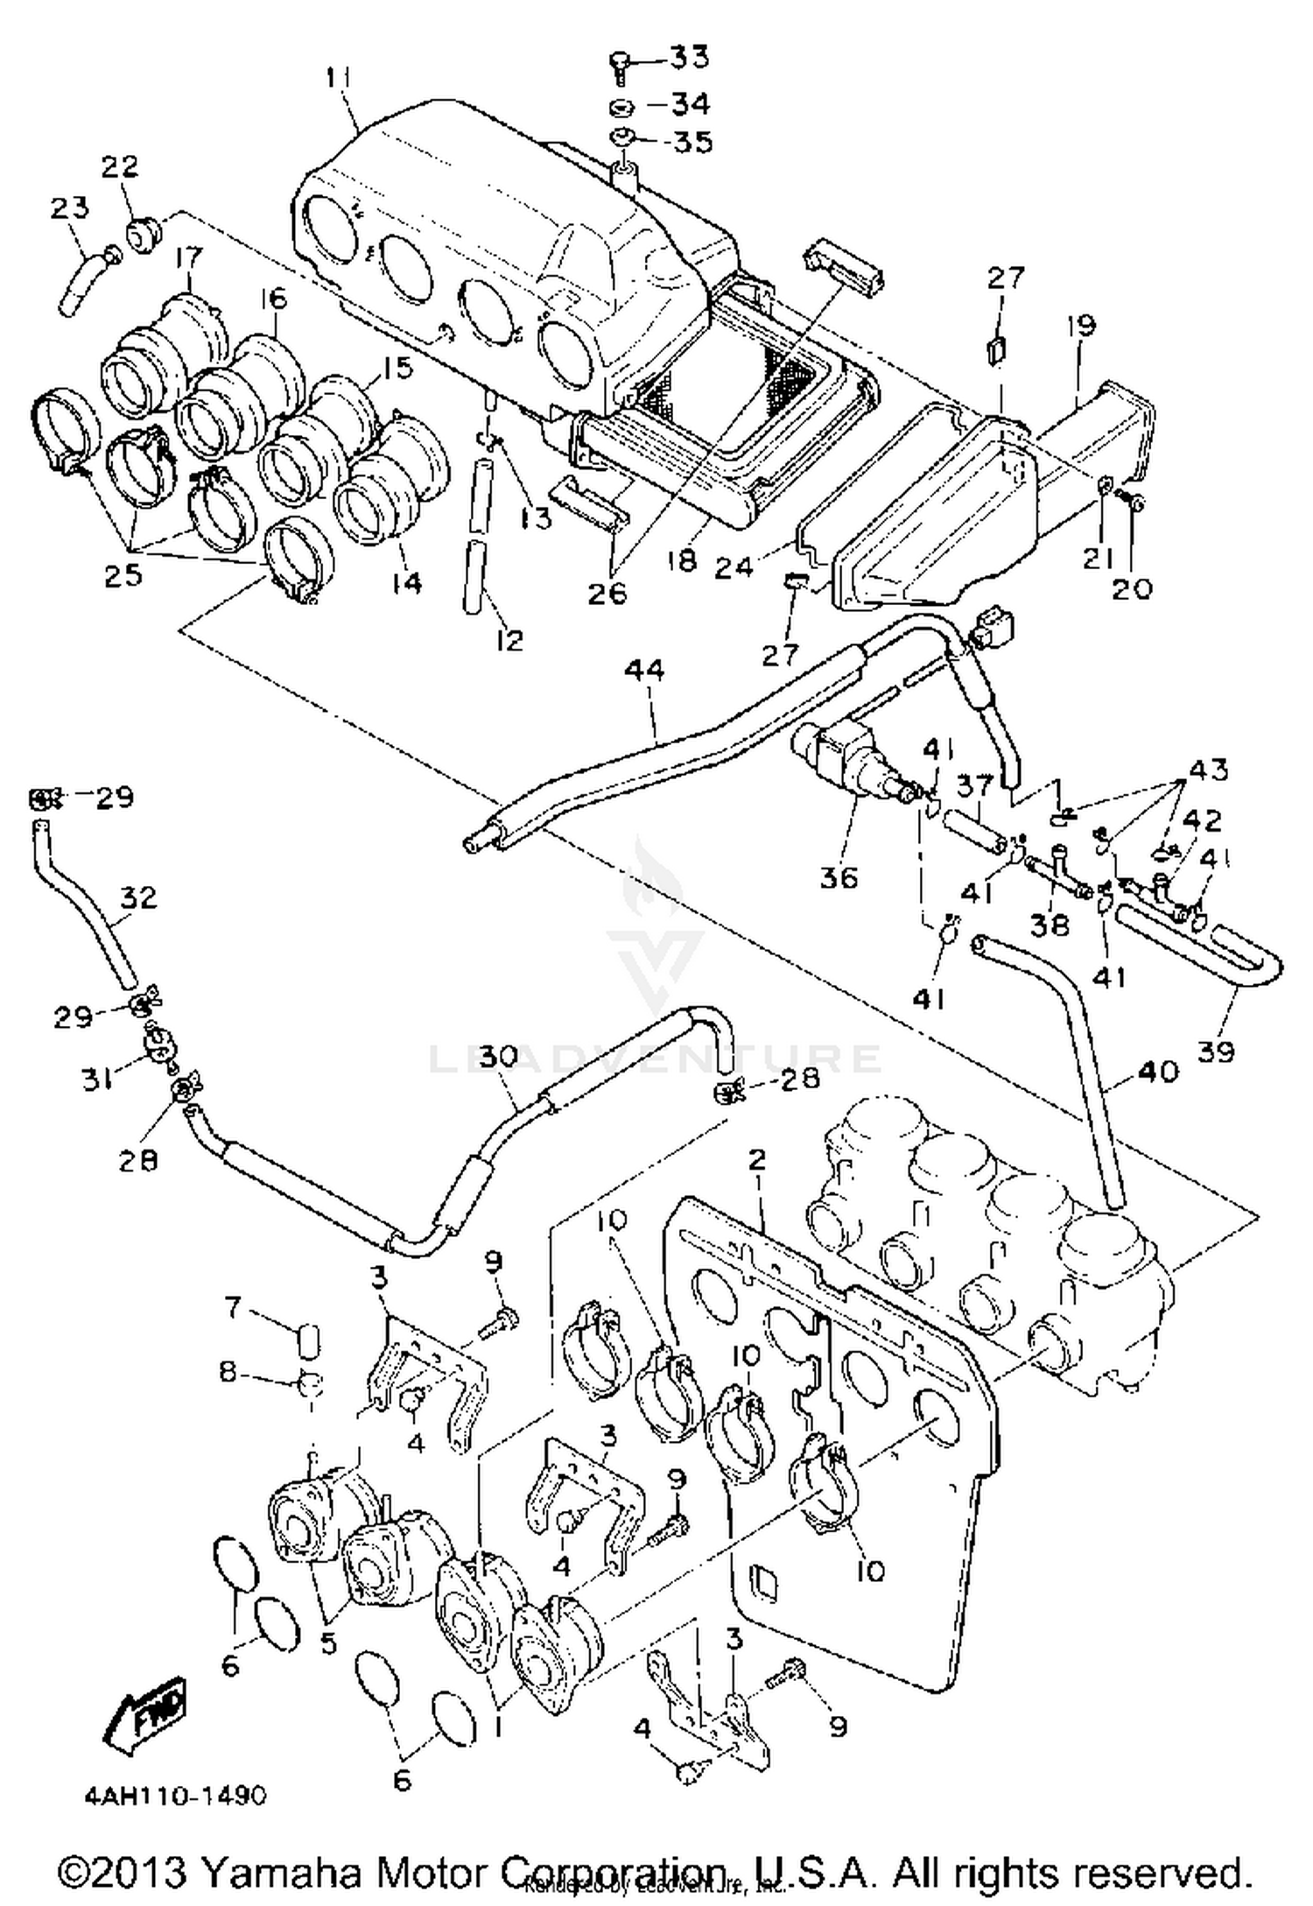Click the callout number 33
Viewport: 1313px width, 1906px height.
pos(690,59)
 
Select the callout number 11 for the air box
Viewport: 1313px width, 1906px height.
pos(339,78)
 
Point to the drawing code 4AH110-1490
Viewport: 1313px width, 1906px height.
pos(175,1796)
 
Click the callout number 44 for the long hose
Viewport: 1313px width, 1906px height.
pos(644,671)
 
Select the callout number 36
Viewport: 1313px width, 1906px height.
pos(839,876)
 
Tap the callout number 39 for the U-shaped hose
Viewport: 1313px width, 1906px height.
pos(1216,1050)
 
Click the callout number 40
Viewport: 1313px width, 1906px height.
pos(1157,1070)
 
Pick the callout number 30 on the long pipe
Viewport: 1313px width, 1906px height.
pos(498,1057)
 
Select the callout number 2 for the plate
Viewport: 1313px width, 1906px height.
pos(757,1160)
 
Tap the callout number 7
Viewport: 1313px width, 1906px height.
pos(232,1308)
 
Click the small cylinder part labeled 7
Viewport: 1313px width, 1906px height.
pos(308,1340)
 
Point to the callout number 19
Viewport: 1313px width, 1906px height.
pos(1081,327)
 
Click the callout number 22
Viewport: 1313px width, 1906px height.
pos(120,166)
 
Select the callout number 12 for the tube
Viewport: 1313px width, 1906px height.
pos(508,640)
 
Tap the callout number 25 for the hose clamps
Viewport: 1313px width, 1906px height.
pos(123,574)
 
